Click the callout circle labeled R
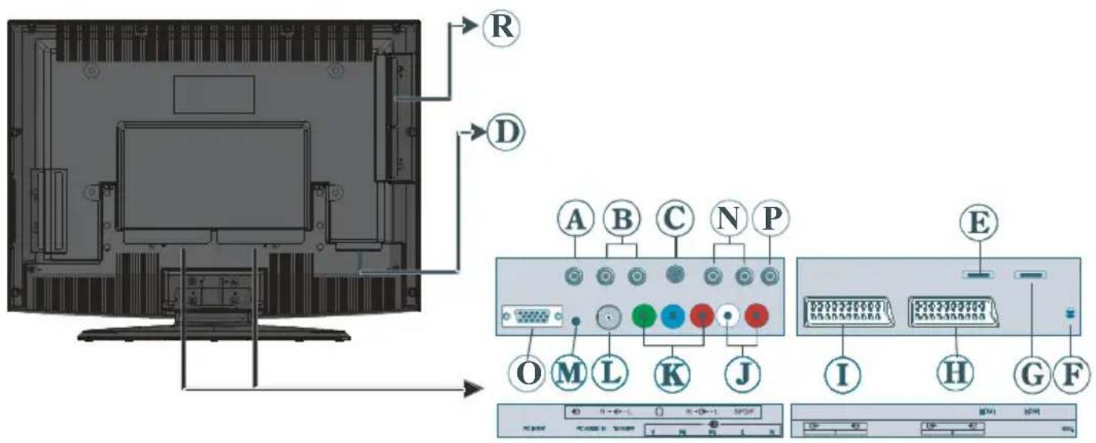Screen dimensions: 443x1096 point(501,27)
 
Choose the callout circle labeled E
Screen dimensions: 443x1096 point(978,224)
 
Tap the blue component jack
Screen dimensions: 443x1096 point(673,315)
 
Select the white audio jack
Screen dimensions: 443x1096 point(727,315)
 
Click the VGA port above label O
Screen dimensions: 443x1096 point(531,317)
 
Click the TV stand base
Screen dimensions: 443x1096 point(214,333)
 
